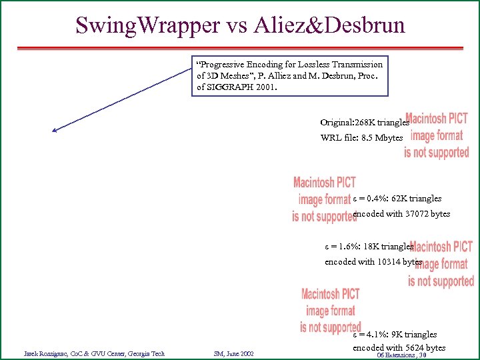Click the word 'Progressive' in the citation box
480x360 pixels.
(225, 65)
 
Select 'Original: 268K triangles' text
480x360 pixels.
(364, 123)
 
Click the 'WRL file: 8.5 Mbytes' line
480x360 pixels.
(361, 138)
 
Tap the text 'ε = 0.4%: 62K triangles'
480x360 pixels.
(397, 199)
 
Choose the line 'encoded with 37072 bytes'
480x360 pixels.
(401, 214)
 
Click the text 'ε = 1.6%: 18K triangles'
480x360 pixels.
(369, 246)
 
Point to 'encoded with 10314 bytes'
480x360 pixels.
(373, 261)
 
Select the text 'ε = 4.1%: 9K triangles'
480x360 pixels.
(395, 334)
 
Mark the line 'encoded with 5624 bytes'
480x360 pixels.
(399, 347)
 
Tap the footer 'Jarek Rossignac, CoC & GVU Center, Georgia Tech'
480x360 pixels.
(94, 353)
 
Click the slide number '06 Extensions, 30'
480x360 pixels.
(401, 355)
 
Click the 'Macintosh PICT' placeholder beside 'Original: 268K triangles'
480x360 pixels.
(437, 135)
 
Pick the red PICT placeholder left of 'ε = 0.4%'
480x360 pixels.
(324, 199)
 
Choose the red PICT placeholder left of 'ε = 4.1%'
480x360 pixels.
(330, 310)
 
